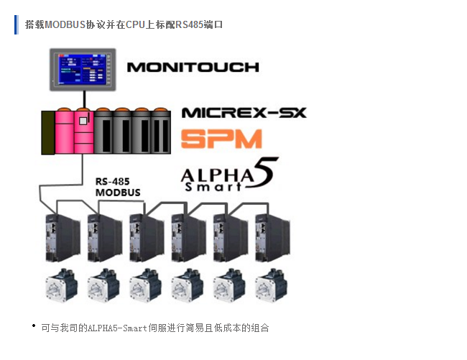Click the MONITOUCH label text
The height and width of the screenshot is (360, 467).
tap(193, 68)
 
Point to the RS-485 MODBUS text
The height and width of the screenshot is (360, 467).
tap(118, 187)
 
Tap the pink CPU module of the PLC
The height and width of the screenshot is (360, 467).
tap(75, 131)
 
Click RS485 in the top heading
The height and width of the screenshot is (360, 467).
tap(188, 24)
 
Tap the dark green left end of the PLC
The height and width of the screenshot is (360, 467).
tap(47, 131)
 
